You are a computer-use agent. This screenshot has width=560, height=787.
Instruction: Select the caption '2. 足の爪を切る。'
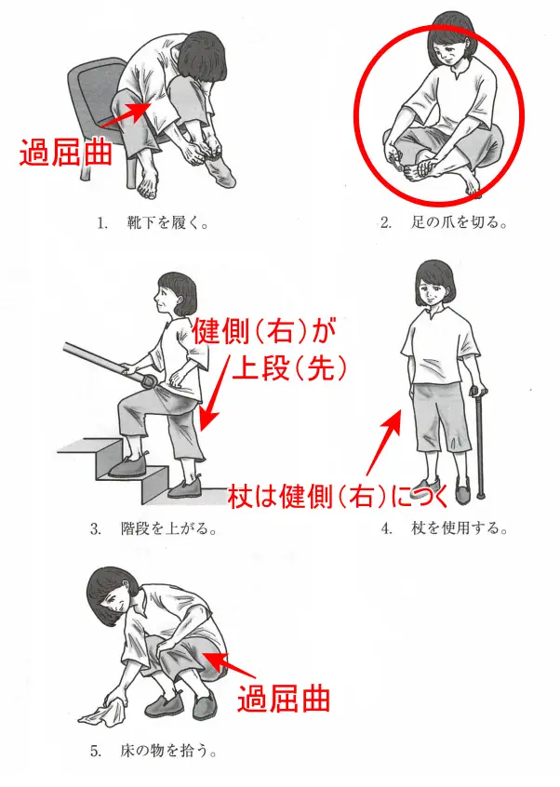tap(443, 222)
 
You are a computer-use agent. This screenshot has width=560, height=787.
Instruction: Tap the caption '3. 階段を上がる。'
tap(153, 528)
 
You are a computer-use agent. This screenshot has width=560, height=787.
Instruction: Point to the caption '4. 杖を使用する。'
tap(444, 528)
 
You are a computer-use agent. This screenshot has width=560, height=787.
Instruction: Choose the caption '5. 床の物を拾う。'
tap(153, 751)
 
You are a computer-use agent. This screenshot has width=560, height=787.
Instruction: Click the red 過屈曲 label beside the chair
tap(65, 152)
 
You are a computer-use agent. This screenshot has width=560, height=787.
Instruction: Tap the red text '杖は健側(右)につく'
tap(338, 496)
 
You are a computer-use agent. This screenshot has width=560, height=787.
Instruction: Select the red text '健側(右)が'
tap(264, 331)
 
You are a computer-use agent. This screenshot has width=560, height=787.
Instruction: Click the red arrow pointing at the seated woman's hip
tap(126, 114)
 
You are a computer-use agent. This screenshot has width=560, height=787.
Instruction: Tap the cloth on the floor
tap(102, 713)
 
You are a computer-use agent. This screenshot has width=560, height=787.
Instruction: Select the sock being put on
tap(219, 168)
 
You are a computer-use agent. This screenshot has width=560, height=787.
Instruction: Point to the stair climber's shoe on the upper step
tap(127, 467)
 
